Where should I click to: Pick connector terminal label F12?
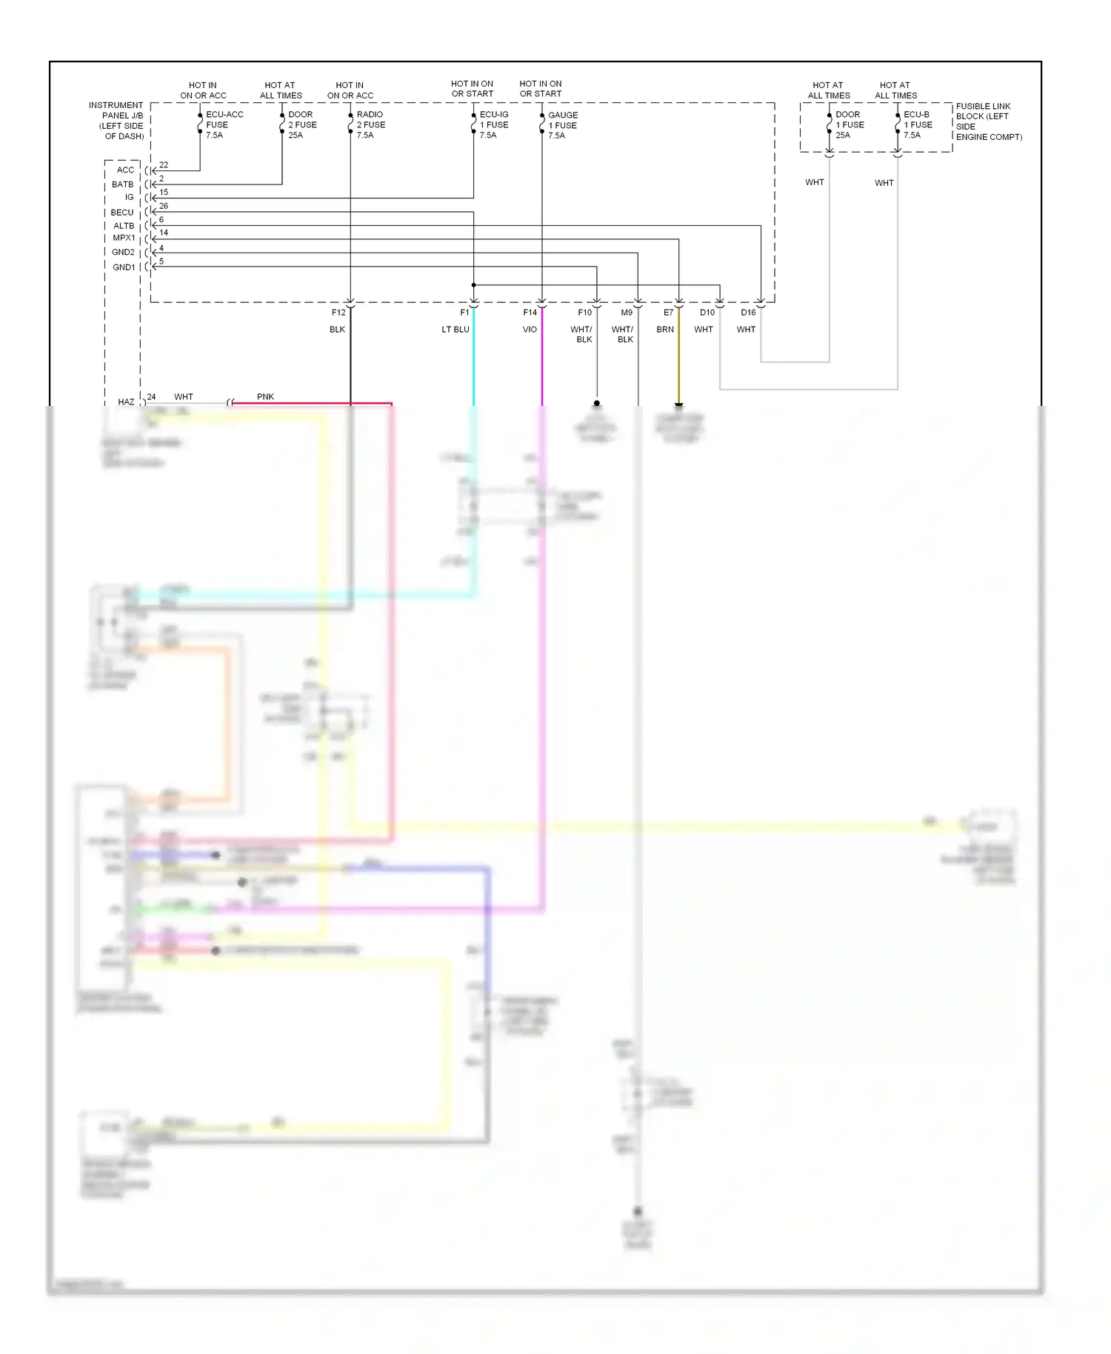coord(338,313)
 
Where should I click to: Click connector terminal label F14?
coord(530,313)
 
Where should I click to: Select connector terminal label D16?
coord(748,313)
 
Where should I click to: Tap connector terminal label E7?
coord(668,313)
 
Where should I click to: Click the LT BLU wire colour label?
coord(455,330)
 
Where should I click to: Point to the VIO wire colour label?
coord(530,330)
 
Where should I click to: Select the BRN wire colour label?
coord(665,330)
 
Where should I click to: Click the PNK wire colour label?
coord(265,397)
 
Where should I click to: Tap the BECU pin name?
coord(122,213)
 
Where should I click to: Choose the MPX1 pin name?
coord(124,239)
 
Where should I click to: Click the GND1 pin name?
coord(124,267)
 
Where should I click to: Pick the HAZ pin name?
coord(126,402)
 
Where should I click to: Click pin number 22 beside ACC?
coord(164,165)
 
